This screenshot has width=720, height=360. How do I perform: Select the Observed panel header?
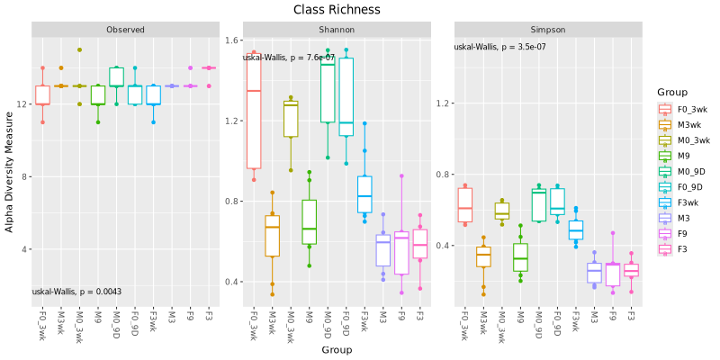coord(125,30)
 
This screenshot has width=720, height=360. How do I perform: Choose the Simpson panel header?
coord(548,30)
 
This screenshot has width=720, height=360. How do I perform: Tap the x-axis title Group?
coord(337,349)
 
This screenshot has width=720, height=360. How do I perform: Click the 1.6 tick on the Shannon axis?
coord(232,40)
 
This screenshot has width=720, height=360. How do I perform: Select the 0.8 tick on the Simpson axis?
coord(444,174)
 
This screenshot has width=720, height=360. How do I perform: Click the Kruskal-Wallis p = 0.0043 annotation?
coord(76,292)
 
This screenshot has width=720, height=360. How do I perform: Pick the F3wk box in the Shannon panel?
coord(364,193)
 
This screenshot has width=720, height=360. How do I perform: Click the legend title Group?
coord(673,92)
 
